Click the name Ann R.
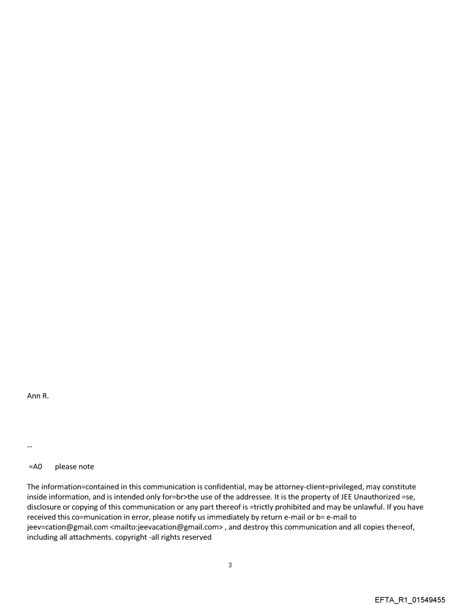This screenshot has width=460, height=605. (38, 403)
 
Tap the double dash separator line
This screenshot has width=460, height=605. (29, 447)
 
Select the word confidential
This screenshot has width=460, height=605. (245, 487)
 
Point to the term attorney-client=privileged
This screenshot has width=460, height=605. (332, 487)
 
